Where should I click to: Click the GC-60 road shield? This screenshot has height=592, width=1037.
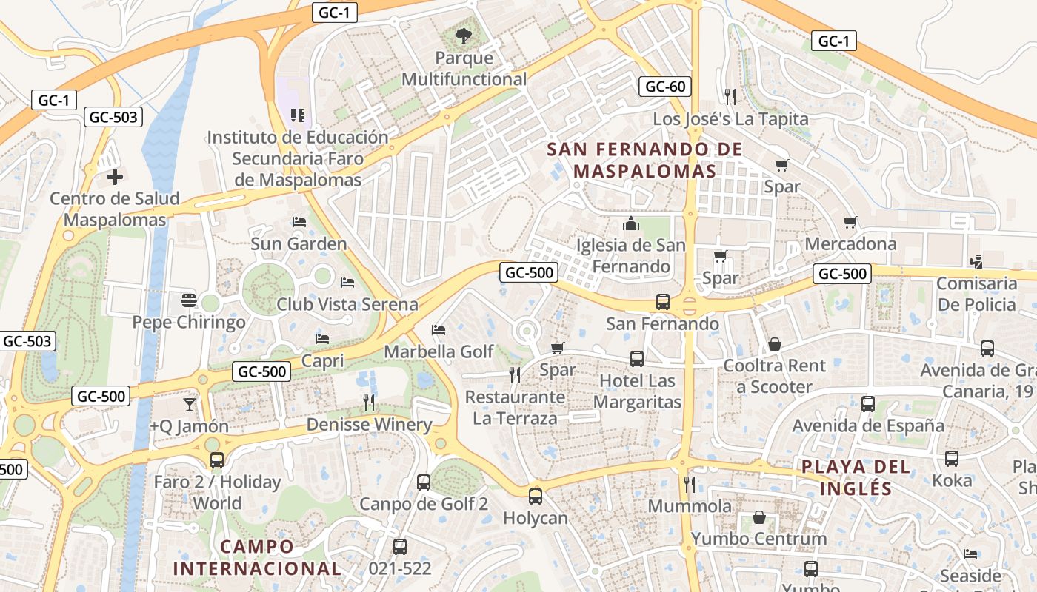tap(665, 87)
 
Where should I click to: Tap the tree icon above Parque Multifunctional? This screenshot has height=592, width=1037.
tap(464, 35)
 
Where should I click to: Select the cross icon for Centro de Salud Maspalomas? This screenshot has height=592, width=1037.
tap(115, 177)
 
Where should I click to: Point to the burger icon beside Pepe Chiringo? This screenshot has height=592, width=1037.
tap(189, 300)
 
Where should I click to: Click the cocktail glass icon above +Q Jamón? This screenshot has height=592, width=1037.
tap(190, 404)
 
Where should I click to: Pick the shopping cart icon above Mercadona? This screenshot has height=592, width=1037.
tap(850, 222)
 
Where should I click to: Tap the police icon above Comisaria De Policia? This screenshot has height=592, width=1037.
tap(977, 261)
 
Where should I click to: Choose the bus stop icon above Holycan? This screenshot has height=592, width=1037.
tap(536, 496)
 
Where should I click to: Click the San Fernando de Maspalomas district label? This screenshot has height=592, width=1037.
tap(644, 160)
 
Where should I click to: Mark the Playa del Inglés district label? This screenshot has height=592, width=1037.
tap(856, 477)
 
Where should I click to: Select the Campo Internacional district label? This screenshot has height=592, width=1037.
tap(257, 557)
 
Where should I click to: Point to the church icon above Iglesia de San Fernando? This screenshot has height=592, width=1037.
tap(631, 223)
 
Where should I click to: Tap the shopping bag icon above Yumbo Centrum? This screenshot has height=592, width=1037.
tap(758, 517)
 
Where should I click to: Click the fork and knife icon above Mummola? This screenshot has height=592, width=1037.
tap(690, 484)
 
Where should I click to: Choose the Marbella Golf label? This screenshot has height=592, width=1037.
tap(439, 351)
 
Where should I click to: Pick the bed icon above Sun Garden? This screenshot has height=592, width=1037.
tap(299, 221)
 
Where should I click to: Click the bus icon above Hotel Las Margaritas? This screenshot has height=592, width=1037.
tap(637, 359)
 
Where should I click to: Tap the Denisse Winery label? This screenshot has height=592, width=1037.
tap(369, 425)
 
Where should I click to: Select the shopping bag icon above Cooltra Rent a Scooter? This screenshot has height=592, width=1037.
tap(775, 343)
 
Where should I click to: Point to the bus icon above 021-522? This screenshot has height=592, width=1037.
tap(400, 547)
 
